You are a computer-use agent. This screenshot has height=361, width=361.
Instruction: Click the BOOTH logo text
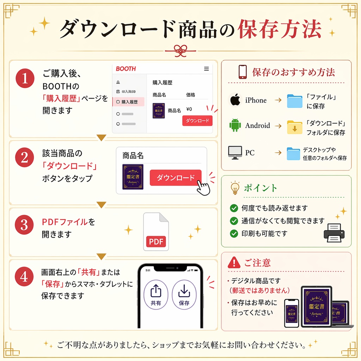126,69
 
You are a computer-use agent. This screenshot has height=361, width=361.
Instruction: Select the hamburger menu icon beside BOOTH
206,69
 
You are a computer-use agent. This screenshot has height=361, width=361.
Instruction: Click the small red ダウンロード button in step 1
197,121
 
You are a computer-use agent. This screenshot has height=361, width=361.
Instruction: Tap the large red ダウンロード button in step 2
175,178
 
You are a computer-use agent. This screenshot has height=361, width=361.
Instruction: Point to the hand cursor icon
203,187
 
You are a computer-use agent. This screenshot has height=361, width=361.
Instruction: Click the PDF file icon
156,232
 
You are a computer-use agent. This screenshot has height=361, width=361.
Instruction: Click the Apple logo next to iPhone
235,100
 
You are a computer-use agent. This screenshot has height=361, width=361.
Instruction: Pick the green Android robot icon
235,126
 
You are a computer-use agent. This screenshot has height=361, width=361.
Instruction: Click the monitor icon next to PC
235,152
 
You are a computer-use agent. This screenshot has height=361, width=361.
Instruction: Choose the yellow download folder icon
294,127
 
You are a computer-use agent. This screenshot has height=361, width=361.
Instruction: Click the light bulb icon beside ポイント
235,188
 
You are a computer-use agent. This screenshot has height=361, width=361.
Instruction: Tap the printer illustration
334,232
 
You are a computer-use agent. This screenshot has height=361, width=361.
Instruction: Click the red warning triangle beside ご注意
234,262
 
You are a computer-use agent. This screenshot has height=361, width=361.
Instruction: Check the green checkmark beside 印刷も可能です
234,233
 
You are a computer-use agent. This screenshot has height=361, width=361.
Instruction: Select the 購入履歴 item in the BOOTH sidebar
129,102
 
